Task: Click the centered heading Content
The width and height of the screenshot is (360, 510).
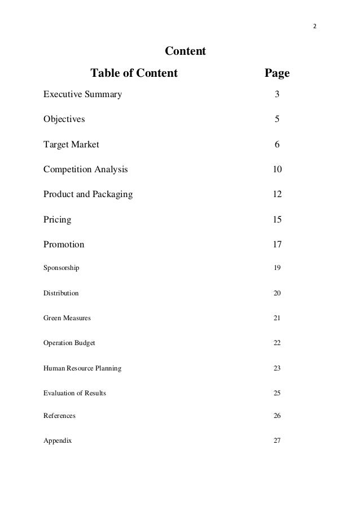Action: (x=185, y=52)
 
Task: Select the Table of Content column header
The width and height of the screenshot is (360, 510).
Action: (x=134, y=73)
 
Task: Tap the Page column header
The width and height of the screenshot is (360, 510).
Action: (x=277, y=73)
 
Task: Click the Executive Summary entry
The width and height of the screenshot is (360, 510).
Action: (x=82, y=94)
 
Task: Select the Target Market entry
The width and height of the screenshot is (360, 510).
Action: (x=71, y=144)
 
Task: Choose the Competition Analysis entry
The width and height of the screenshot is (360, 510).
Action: (x=86, y=169)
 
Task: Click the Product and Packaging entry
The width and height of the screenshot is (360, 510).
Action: (x=88, y=194)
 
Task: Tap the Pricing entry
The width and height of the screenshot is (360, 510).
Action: (x=57, y=219)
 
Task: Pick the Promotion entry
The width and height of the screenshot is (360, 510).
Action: (x=64, y=245)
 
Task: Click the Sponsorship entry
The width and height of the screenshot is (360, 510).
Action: (x=62, y=268)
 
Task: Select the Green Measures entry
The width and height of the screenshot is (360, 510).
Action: (x=67, y=318)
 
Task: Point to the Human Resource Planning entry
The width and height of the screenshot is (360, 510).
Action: (x=82, y=368)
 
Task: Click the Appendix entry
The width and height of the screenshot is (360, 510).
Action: (x=58, y=441)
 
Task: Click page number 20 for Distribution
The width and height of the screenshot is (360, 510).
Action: (x=277, y=294)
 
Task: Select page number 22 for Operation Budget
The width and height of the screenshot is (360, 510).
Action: (x=277, y=343)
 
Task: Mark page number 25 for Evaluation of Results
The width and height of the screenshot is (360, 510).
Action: (x=277, y=393)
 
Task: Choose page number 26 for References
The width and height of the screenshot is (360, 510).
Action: (x=277, y=416)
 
